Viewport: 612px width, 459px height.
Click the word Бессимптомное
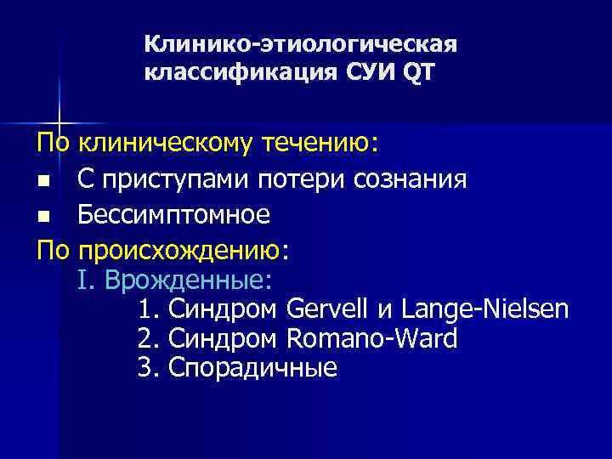174,216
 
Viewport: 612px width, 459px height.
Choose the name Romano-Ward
372,339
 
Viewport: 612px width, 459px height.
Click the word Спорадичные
252,368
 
